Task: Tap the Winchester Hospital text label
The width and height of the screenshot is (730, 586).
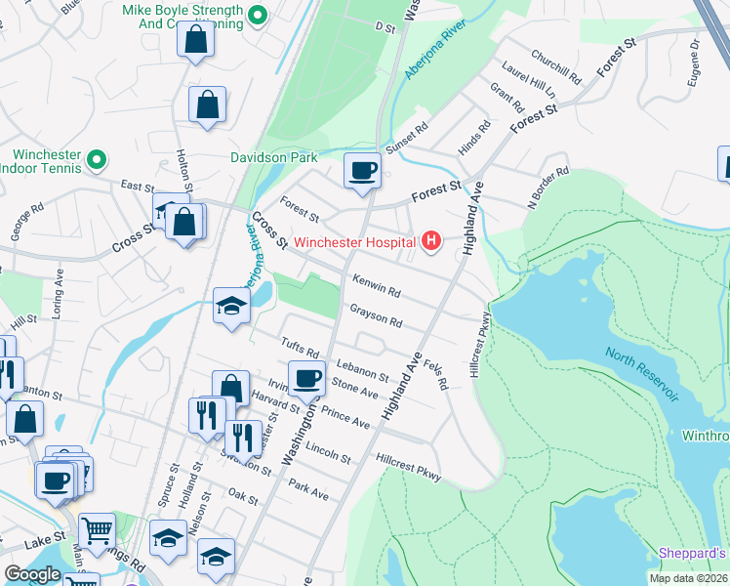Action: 355,242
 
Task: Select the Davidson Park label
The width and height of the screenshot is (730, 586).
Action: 274,156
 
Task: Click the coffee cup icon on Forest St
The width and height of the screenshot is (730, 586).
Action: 362,172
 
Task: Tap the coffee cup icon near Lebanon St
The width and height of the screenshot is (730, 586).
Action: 306,379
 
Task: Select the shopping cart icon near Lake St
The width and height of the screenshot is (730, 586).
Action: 98,531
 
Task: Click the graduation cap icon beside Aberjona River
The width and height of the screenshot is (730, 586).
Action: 232,307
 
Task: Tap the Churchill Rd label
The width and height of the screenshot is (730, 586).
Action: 556,65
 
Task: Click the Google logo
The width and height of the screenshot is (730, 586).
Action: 32,574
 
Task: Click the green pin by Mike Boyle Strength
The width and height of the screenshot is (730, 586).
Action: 258,15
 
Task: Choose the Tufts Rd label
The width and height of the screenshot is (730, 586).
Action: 300,346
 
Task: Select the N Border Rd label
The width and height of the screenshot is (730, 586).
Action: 548,188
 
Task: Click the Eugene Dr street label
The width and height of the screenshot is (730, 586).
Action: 694,63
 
